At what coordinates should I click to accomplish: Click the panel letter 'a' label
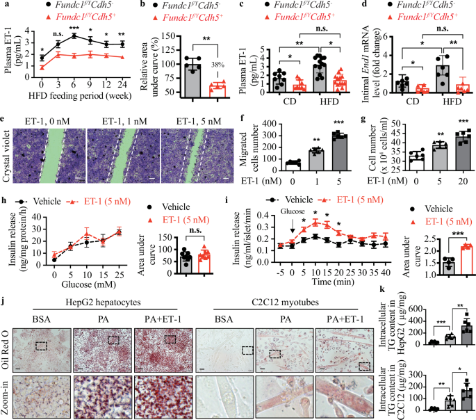pyautogui.click(x=5, y=6)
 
